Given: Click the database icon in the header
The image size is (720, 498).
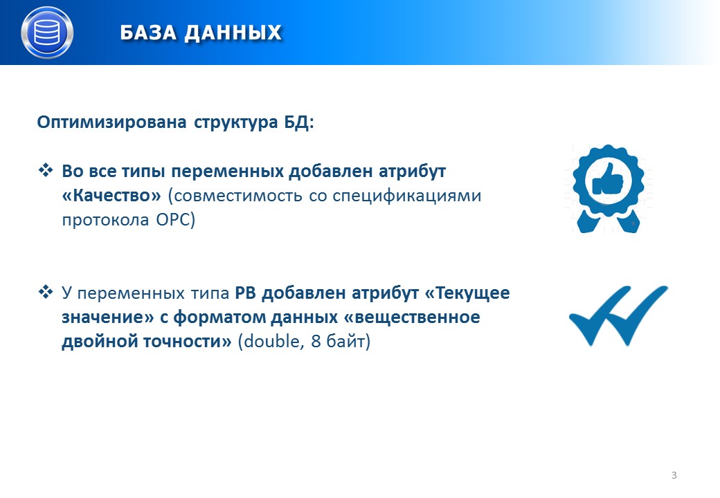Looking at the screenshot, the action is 47,33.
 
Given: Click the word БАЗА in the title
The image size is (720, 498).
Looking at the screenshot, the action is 148,33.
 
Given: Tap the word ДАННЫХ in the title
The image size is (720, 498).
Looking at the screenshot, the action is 233,33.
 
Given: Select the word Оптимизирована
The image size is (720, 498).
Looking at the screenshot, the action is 111,122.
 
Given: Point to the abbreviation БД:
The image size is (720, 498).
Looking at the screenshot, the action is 299,122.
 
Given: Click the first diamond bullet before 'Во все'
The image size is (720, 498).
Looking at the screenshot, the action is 46,171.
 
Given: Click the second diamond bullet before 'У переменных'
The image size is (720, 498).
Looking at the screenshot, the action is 46,292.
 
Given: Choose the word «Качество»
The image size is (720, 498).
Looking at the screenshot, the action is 111,195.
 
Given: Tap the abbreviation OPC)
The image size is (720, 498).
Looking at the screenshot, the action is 175,220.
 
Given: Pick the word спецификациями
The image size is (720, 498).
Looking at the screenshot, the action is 407,196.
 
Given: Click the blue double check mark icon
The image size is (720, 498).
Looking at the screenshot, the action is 618,315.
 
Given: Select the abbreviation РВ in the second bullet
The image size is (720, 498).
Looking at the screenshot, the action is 246,293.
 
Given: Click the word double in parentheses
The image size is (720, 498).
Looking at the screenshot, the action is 271,341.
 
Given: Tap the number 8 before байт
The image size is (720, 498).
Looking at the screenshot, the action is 316,342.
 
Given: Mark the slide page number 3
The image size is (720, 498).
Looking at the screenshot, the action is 674,475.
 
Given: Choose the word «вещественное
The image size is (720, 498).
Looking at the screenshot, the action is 413,317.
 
